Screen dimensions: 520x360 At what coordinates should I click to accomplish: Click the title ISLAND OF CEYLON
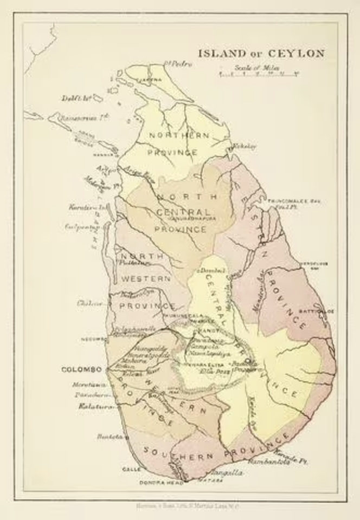point(261,54)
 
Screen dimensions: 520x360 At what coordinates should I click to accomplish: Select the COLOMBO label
point(82,370)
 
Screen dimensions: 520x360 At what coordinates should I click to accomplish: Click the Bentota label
point(107,436)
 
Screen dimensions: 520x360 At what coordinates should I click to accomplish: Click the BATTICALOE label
point(317,312)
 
